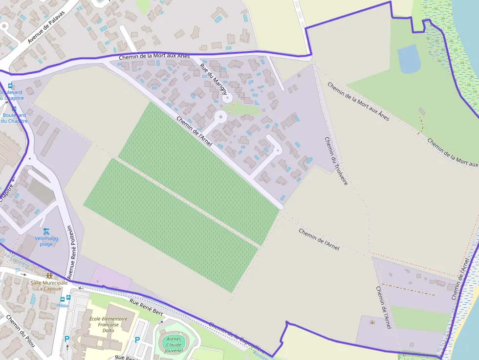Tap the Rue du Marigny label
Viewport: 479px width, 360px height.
click(x=214, y=78)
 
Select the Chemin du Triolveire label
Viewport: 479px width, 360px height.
click(x=336, y=160)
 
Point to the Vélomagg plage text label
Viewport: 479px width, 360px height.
click(x=46, y=241)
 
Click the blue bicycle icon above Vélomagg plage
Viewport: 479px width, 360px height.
click(x=46, y=231)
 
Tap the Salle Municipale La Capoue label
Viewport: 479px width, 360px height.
click(x=49, y=285)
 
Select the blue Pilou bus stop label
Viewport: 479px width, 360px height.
click(x=63, y=305)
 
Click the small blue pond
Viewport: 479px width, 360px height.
click(x=409, y=59)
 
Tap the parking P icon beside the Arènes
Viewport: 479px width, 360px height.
click(x=137, y=340)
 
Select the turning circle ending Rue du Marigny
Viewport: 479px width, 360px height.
click(x=227, y=98)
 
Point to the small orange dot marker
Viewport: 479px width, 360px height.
click(x=372, y=322)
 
